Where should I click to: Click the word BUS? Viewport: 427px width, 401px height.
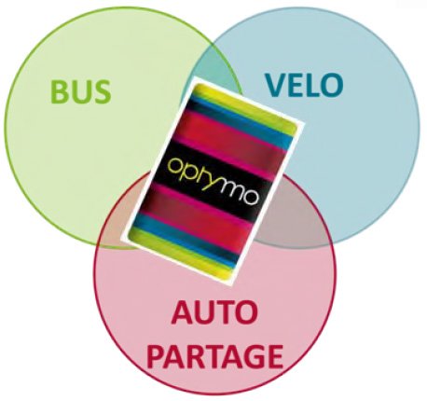[x=80, y=91]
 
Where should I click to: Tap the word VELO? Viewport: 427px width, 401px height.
[x=304, y=85]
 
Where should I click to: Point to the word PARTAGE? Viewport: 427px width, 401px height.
[x=215, y=356]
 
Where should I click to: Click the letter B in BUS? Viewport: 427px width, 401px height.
[x=59, y=91]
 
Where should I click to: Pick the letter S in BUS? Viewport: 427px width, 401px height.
[x=102, y=91]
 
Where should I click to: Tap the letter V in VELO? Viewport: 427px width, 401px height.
[x=275, y=85]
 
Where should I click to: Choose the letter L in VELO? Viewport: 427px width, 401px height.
[x=311, y=85]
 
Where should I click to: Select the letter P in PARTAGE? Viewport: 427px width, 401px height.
[x=157, y=356]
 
